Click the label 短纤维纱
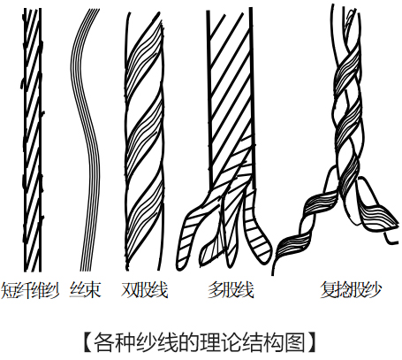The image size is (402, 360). tap(30, 290)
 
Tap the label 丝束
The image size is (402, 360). tap(86, 290)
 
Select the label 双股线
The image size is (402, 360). tap(144, 290)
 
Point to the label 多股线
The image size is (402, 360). tap(231, 290)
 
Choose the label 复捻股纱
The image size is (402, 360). tap(351, 290)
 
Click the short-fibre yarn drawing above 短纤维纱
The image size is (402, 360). tap(33, 140)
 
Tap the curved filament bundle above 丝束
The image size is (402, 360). tap(86, 140)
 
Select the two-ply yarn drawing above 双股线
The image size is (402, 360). tap(144, 141)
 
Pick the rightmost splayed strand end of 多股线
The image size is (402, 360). tap(257, 233)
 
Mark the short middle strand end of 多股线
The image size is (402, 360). tap(211, 250)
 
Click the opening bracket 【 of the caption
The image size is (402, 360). tap(88, 342)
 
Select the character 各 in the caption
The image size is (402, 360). tap(104, 342)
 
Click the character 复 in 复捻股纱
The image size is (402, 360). tap(329, 290)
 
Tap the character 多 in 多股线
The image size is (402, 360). tap(216, 290)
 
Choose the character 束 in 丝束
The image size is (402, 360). tap(93, 290)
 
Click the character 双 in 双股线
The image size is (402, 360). tap(129, 290)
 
